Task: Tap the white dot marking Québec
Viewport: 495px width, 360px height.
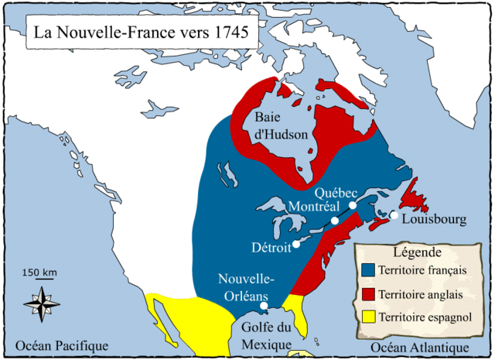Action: tap(353, 205)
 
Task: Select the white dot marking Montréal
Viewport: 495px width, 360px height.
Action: tap(335, 221)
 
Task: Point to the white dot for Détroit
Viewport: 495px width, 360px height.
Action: tap(295, 247)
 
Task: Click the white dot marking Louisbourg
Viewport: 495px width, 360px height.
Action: tap(394, 215)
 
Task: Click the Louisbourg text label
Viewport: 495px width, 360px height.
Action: tap(435, 220)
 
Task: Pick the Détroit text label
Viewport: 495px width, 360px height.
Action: tap(271, 248)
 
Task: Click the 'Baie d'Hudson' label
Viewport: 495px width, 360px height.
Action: tap(282, 126)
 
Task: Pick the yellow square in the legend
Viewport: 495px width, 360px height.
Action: tap(368, 317)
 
